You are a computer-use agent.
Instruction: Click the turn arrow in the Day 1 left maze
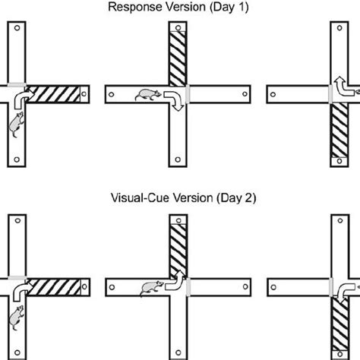tap(21, 99)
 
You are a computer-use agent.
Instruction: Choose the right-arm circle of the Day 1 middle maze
tap(243, 94)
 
